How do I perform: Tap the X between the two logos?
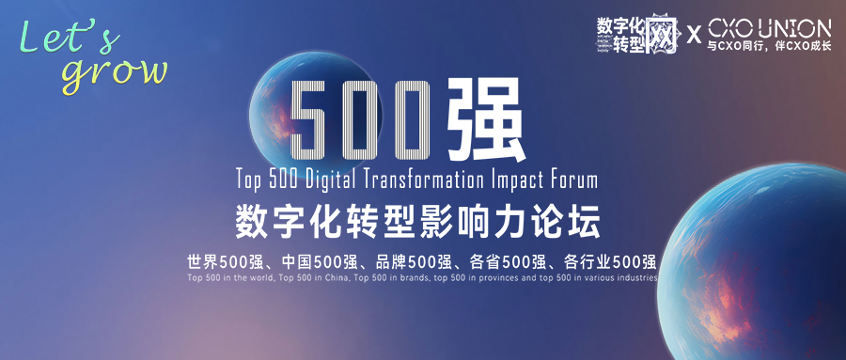[694, 36]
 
